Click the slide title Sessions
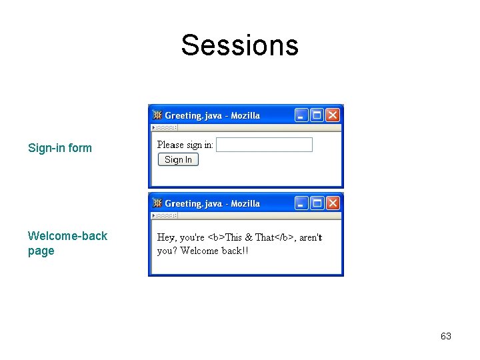(239, 45)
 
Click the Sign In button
(178, 159)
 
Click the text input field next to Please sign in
(265, 145)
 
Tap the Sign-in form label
(60, 148)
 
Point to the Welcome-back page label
(67, 243)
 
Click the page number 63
(446, 336)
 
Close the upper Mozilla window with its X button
(332, 115)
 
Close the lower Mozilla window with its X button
(332, 203)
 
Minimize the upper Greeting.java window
(301, 115)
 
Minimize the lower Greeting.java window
(301, 203)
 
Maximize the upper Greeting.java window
(317, 115)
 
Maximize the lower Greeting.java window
(317, 203)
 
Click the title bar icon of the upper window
(158, 115)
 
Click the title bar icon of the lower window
(158, 203)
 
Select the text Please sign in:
(185, 145)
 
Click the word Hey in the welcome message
(166, 237)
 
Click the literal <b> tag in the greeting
(216, 237)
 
